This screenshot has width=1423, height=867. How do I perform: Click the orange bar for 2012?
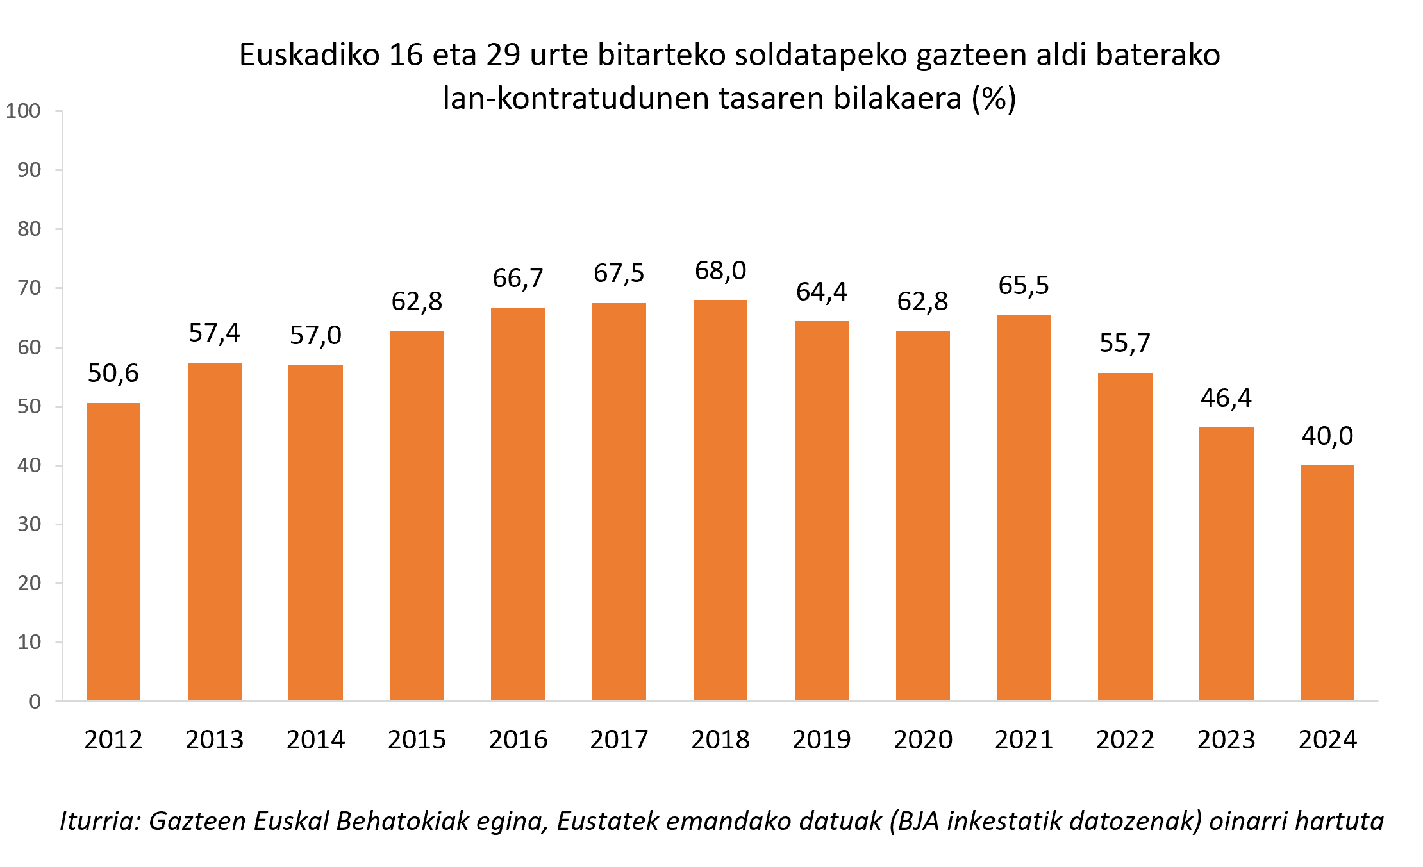point(113,552)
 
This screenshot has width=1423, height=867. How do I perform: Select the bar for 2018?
point(720,500)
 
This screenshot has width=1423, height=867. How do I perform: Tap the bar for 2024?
point(1327,583)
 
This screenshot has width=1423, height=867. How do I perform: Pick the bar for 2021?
point(1024,508)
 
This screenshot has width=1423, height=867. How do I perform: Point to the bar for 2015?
point(417,516)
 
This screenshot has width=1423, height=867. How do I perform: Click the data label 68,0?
point(720,271)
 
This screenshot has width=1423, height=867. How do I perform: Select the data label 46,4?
point(1226,399)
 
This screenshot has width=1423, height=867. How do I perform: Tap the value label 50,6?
point(113,374)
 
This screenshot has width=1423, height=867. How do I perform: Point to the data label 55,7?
point(1125,343)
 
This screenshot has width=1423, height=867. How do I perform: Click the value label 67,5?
point(619,274)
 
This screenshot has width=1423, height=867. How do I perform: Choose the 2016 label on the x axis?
point(518,740)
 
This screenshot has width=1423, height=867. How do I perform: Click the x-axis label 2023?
point(1226,740)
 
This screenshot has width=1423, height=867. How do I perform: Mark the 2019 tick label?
point(822,740)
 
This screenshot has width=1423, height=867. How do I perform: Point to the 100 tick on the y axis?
point(24,111)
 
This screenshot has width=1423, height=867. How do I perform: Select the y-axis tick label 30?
point(29,525)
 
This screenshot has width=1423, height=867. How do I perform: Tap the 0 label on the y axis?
point(35,702)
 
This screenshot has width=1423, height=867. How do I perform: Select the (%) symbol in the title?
point(994,99)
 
